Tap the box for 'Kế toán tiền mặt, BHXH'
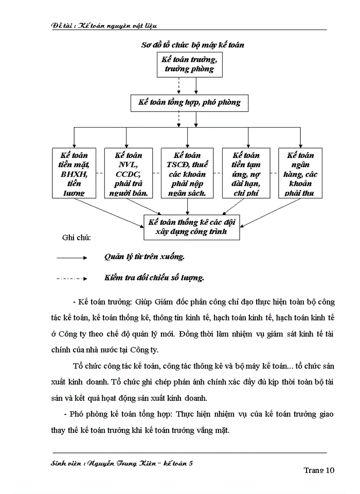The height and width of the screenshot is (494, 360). pos(74,173)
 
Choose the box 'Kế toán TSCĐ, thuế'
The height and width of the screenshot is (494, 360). pos(187,173)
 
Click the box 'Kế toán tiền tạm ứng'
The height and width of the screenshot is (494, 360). pos(246,173)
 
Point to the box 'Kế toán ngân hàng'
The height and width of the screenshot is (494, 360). pos(301,173)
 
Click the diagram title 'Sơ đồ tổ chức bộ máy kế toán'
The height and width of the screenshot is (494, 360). pos(193,45)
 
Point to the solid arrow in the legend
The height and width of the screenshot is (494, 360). pos(73,256)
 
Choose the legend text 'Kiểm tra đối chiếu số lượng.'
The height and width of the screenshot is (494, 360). pos(154,278)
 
